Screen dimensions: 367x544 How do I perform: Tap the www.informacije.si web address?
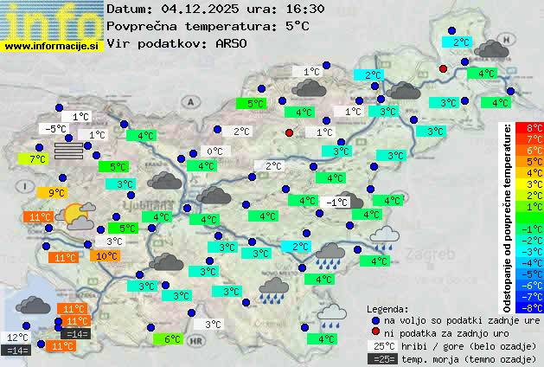[52, 45]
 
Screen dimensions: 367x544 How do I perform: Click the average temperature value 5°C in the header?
[297, 26]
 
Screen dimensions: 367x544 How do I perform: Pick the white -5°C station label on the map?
[55, 129]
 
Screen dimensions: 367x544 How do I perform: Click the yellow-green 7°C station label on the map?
[35, 159]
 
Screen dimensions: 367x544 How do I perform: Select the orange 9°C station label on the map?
[55, 193]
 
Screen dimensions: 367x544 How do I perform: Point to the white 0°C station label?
[214, 151]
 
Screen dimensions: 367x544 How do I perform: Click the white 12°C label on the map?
[18, 338]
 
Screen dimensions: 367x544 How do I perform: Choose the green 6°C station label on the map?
[172, 339]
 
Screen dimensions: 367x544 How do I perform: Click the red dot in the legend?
[374, 333]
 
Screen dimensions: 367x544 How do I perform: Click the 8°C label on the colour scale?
[534, 128]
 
